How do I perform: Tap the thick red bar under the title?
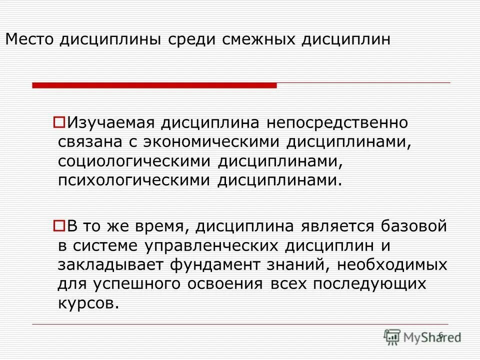pos(154,86)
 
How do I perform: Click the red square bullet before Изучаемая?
pos(58,121)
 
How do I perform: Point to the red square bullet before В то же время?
pos(58,226)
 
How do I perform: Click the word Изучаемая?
pos(113,122)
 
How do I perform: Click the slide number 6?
pos(440,334)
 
